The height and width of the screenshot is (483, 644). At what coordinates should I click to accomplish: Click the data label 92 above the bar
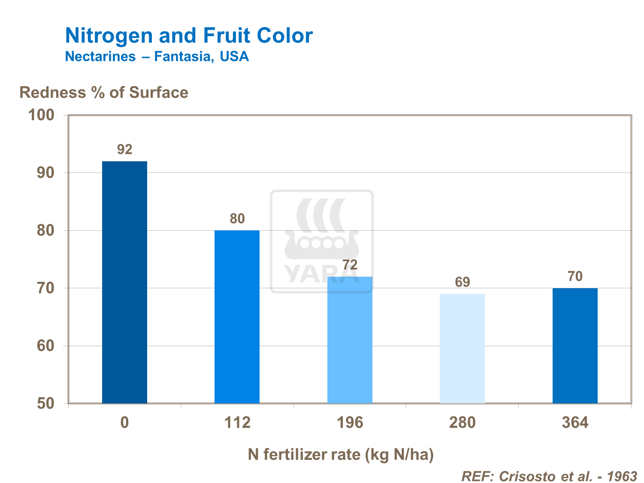(x=125, y=149)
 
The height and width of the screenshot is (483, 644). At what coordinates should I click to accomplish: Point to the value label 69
(x=463, y=282)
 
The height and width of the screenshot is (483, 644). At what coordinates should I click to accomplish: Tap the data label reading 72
(x=350, y=265)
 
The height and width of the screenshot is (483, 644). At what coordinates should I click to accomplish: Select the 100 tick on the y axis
(x=41, y=115)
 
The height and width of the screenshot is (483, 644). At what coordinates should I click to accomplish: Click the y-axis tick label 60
(x=45, y=346)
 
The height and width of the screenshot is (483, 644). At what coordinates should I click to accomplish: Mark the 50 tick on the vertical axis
(x=45, y=404)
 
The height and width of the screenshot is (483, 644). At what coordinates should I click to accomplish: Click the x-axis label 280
(x=463, y=423)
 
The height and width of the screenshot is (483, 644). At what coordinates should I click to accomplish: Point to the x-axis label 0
(x=124, y=423)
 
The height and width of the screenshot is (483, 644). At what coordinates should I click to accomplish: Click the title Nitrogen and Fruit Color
(x=189, y=36)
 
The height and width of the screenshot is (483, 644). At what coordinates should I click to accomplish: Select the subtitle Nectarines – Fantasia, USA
(x=157, y=56)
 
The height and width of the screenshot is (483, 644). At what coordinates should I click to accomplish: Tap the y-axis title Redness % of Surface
(x=104, y=92)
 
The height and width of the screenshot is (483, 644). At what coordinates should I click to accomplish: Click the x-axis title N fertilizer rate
(x=341, y=454)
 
